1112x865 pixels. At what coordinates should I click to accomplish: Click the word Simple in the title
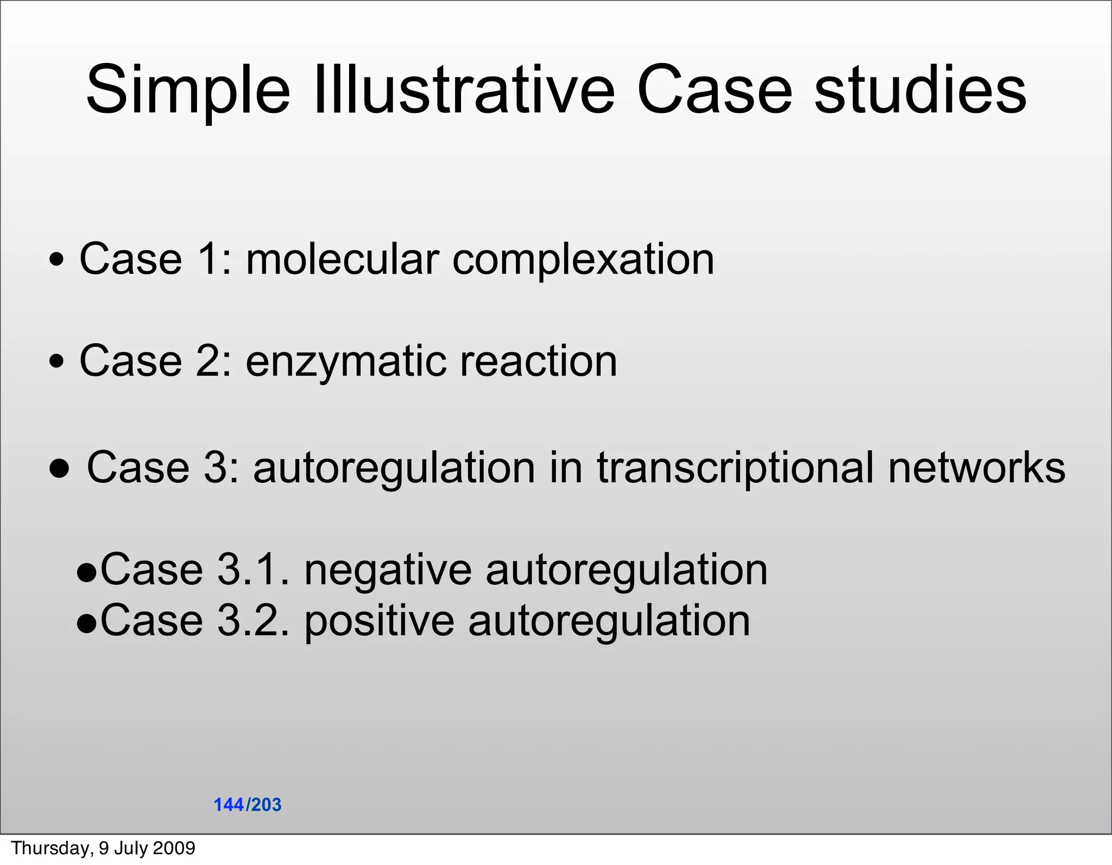coord(188,90)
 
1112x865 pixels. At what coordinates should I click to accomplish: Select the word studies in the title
coord(920,90)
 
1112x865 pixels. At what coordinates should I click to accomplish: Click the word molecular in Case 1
coord(342,259)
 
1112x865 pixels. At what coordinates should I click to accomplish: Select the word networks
coord(977,467)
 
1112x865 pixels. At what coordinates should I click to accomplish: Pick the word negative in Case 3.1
coord(388,570)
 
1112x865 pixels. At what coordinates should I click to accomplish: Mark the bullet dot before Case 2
coord(56,361)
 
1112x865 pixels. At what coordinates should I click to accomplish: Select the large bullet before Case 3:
coord(59,468)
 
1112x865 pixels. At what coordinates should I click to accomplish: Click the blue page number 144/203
coord(248,805)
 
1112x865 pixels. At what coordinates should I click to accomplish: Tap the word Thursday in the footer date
coord(52,848)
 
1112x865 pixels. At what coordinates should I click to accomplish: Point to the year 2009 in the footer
coord(174,848)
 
